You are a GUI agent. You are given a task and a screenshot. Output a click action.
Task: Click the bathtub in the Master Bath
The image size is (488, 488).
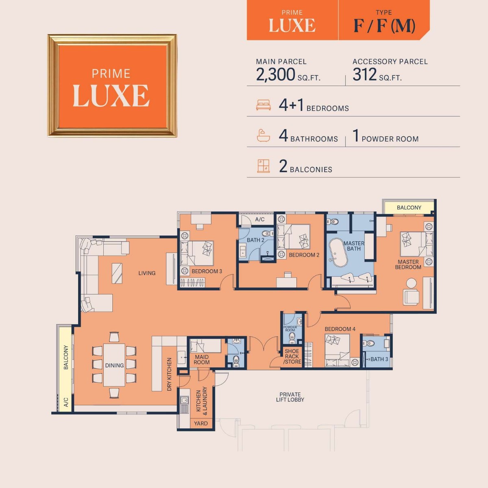[x=338, y=253]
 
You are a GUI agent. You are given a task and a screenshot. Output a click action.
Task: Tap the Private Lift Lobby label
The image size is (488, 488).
[x=290, y=397]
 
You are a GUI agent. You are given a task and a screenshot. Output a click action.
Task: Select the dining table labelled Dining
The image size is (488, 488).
[x=114, y=365]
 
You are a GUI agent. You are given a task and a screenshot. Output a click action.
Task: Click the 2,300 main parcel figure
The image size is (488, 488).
[x=275, y=75]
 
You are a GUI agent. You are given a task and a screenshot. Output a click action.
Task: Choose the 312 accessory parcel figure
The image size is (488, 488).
[x=365, y=75]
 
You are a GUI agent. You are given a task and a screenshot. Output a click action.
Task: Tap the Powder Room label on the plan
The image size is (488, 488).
[x=290, y=329]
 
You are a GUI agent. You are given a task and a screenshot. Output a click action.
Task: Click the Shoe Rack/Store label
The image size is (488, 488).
[x=292, y=356]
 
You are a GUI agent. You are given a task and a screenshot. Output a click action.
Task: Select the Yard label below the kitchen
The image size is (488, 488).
[x=201, y=423]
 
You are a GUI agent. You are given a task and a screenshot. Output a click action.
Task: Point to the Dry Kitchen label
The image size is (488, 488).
[x=170, y=374]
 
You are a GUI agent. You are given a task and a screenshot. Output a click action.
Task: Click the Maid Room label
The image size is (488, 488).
[x=201, y=359]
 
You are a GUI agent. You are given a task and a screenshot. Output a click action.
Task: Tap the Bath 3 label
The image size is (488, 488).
[x=379, y=359]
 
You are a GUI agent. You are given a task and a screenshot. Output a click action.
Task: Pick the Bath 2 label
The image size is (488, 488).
[x=255, y=240]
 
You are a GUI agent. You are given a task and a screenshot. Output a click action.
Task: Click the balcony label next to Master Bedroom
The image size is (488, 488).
[x=409, y=207]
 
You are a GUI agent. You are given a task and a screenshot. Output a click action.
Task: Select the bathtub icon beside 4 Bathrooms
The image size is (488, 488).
[x=264, y=135]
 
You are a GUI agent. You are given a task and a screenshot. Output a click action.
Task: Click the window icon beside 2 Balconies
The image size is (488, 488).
[x=264, y=166]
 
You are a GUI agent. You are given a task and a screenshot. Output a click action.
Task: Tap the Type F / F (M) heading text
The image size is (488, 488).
[x=384, y=25]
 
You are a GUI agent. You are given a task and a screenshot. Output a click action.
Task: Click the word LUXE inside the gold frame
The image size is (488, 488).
[x=111, y=96]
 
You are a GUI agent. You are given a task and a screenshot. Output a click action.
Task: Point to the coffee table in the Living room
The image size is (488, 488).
[x=117, y=273]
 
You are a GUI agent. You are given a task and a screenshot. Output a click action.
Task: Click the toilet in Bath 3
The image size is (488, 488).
[x=370, y=343]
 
